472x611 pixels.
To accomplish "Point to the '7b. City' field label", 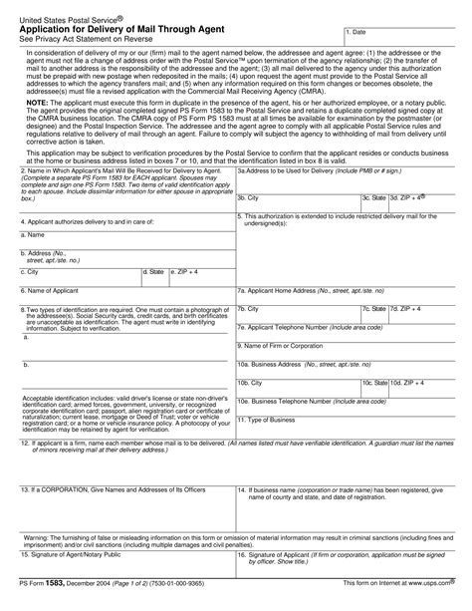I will point(249,310).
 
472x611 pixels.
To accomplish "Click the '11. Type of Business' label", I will point(266,419).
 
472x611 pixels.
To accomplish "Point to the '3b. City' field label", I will point(249,226).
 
